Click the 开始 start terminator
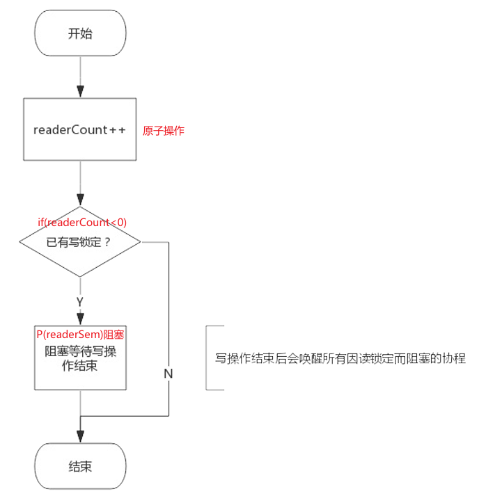coord(80,33)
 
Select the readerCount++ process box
coord(80,130)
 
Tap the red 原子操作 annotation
coord(164,130)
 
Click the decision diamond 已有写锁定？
coord(80,243)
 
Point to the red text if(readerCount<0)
coord(82,222)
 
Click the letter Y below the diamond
coord(80,302)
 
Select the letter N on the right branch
coord(168,373)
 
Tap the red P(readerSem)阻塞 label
coord(80,335)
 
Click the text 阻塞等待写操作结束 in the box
coord(80,358)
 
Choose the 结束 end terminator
coord(80,466)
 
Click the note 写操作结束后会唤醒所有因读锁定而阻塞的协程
coord(340,359)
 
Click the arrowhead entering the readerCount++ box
coord(80,92)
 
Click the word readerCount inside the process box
coord(70,130)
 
